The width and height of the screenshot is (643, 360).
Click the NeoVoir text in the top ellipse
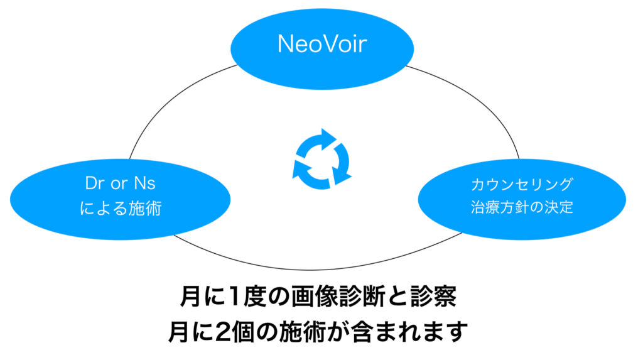coord(322,43)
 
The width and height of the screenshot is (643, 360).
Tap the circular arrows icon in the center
coord(321,159)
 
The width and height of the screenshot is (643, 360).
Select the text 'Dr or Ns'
coord(120,183)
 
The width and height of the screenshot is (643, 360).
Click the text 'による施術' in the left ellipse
coord(120,208)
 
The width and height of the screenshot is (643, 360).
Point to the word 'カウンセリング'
coord(522,184)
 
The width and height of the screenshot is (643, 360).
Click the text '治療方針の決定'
coord(522,207)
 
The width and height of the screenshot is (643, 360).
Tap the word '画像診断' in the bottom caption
coord(338,296)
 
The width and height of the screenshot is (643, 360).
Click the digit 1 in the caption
coord(234,297)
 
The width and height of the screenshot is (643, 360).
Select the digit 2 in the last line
coord(222,332)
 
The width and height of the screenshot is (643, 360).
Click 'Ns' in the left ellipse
coord(145,183)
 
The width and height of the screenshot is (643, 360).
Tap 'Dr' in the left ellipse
coord(94,183)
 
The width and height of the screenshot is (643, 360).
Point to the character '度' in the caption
coord(255,296)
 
